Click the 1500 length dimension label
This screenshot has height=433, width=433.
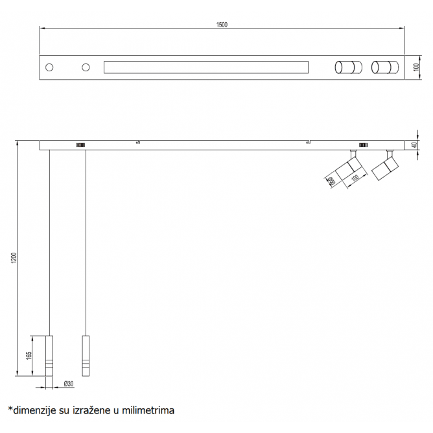click(222, 25)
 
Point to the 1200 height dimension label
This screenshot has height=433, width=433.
click(14, 257)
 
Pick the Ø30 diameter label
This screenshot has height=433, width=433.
click(69, 384)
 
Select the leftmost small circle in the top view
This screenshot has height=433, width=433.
click(50, 67)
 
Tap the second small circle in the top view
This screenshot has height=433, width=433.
click(85, 67)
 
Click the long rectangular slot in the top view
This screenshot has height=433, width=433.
click(206, 67)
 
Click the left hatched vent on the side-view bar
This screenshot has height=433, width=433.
click(81, 145)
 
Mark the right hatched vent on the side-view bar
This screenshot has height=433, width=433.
click(364, 145)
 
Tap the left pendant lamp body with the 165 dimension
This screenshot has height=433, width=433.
click(50, 355)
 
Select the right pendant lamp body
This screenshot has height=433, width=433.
click(85, 355)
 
